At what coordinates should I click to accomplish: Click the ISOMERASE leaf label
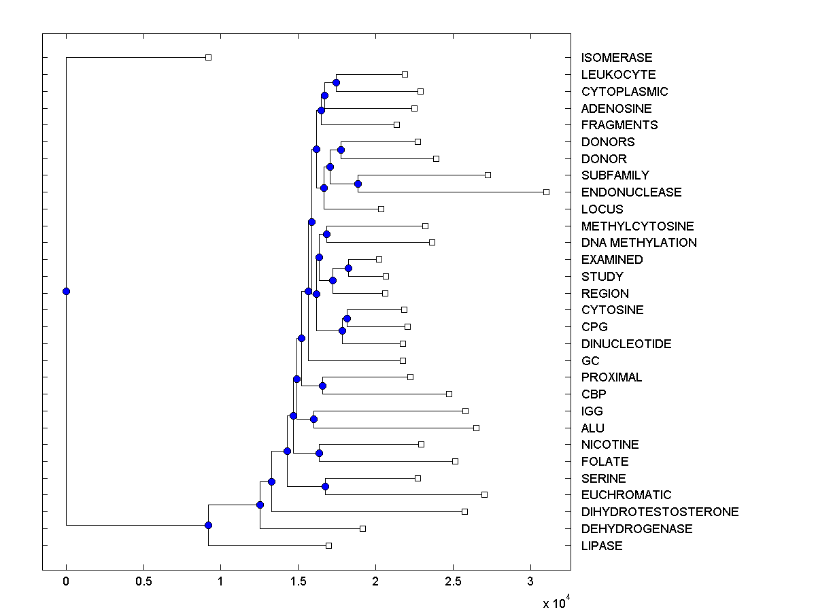(x=616, y=58)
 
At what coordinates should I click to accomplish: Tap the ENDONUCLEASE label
(x=631, y=192)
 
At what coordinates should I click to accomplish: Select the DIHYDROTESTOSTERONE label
(x=660, y=512)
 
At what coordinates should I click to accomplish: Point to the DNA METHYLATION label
(x=639, y=243)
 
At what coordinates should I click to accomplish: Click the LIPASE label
(x=601, y=546)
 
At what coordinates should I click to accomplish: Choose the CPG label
(x=594, y=327)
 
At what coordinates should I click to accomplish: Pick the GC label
(x=590, y=360)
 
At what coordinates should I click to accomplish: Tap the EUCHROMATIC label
(x=626, y=495)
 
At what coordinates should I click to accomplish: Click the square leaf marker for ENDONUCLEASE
(x=546, y=192)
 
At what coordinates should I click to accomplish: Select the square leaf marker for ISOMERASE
(x=208, y=57)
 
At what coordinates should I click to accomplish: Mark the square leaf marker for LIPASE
(x=328, y=545)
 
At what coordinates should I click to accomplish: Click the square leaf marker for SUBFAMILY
(x=488, y=175)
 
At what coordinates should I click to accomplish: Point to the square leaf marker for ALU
(x=476, y=428)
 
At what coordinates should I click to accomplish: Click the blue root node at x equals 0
(x=66, y=291)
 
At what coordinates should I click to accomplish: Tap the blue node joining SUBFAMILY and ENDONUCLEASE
(x=358, y=184)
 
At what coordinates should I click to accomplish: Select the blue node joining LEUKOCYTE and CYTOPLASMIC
(x=336, y=82)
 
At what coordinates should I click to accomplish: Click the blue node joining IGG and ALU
(x=313, y=419)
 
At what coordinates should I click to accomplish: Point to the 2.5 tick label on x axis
(x=452, y=581)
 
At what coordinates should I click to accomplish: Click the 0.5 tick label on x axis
(x=143, y=581)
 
